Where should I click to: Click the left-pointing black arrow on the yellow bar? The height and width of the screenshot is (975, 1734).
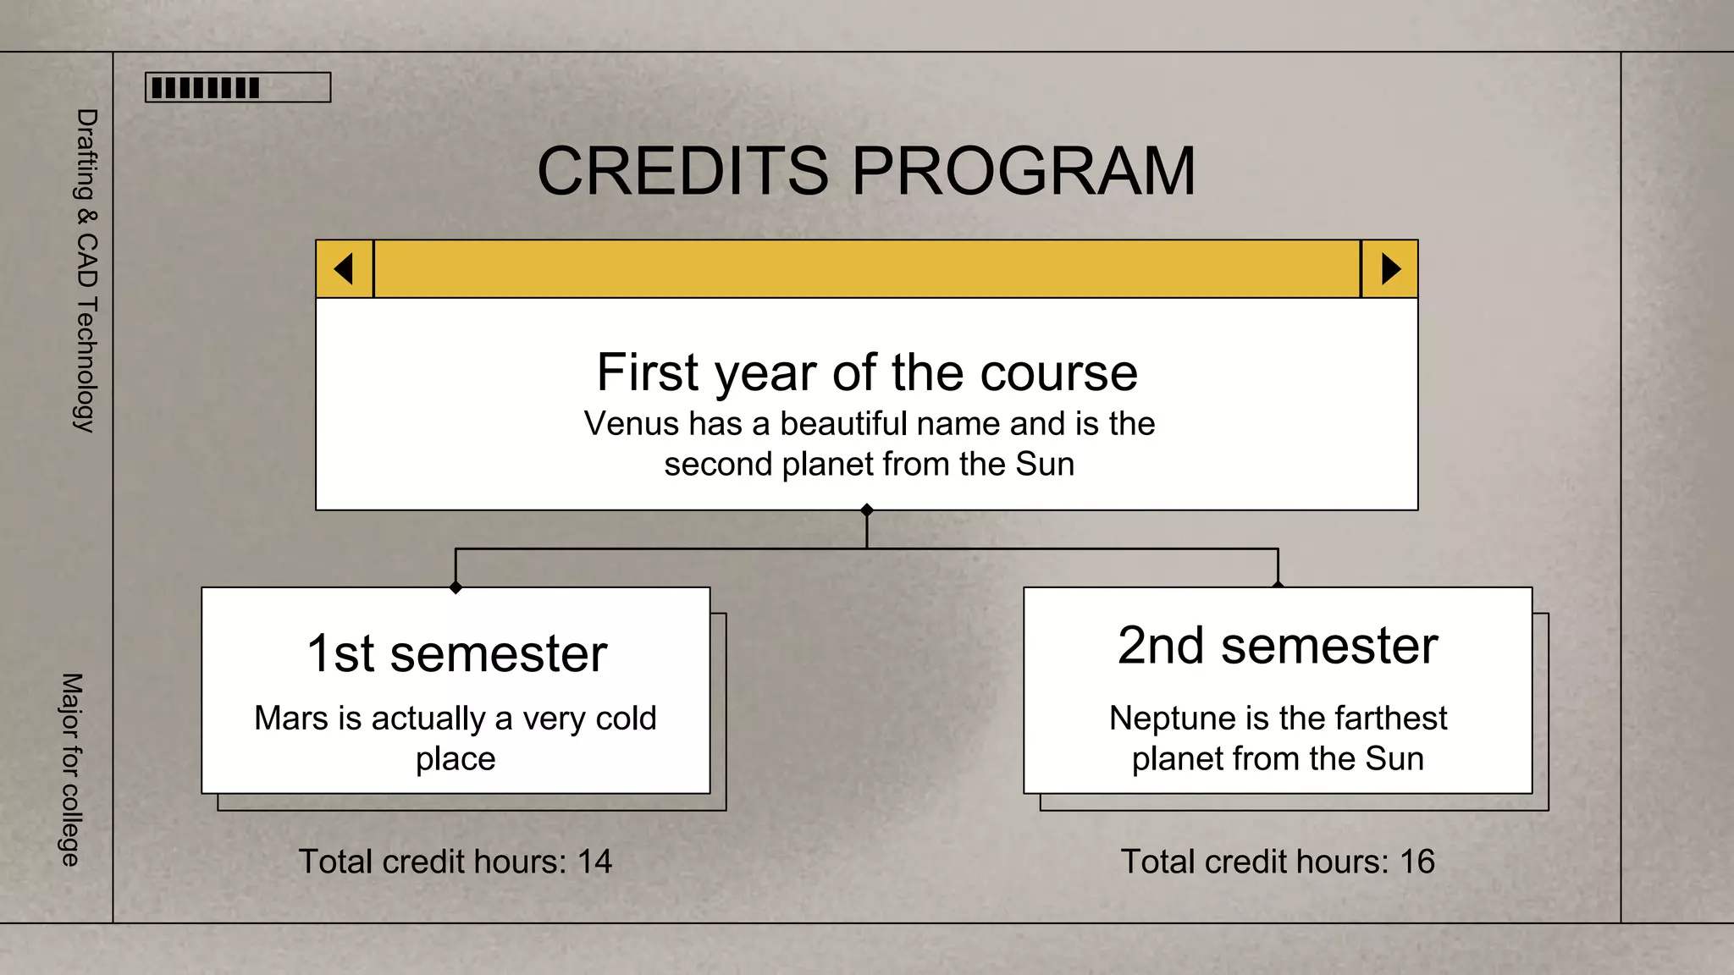click(344, 269)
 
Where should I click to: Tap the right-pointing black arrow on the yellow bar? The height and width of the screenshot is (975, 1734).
click(1390, 269)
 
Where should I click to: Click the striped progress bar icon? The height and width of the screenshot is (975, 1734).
click(238, 87)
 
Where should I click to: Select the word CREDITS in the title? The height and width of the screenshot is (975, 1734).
click(682, 171)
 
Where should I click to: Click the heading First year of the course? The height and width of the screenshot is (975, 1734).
click(867, 372)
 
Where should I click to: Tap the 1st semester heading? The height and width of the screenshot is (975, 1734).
click(456, 653)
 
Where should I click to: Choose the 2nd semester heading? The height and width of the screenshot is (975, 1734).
click(1278, 646)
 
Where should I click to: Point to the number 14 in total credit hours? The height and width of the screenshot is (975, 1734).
click(594, 862)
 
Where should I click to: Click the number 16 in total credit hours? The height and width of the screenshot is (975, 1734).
click(1417, 862)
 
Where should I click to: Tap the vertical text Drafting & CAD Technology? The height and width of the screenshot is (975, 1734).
click(86, 271)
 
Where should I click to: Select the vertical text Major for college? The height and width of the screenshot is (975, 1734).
click(71, 770)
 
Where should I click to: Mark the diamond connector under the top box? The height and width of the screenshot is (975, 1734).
click(867, 510)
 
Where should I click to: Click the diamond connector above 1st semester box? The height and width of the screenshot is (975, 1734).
click(456, 587)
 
